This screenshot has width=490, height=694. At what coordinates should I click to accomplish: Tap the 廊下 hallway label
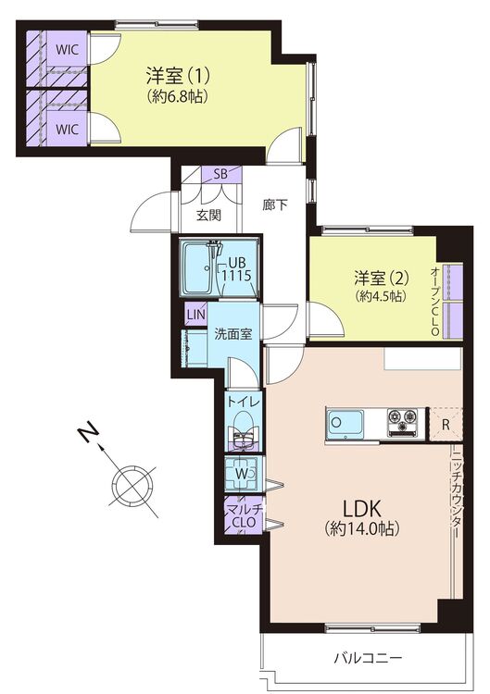pos(275,205)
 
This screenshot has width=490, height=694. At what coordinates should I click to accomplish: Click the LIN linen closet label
pos(195,315)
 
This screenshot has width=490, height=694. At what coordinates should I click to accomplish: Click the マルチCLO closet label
pos(243,516)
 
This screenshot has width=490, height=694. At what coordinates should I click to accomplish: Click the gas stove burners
pos(403,422)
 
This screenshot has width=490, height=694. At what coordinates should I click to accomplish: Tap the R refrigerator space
pos(446,425)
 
